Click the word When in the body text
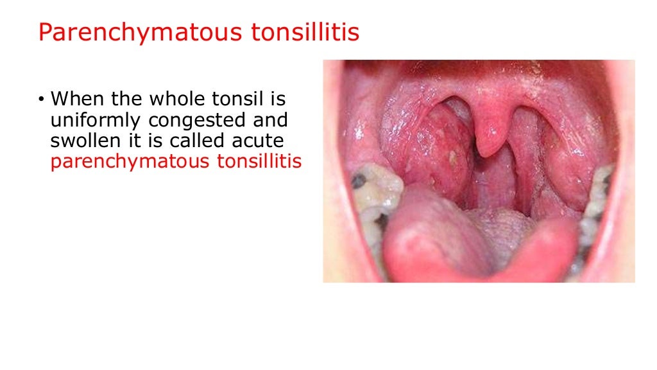tap(75, 100)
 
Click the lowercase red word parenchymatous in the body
tap(130, 161)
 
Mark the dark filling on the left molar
tap(359, 181)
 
